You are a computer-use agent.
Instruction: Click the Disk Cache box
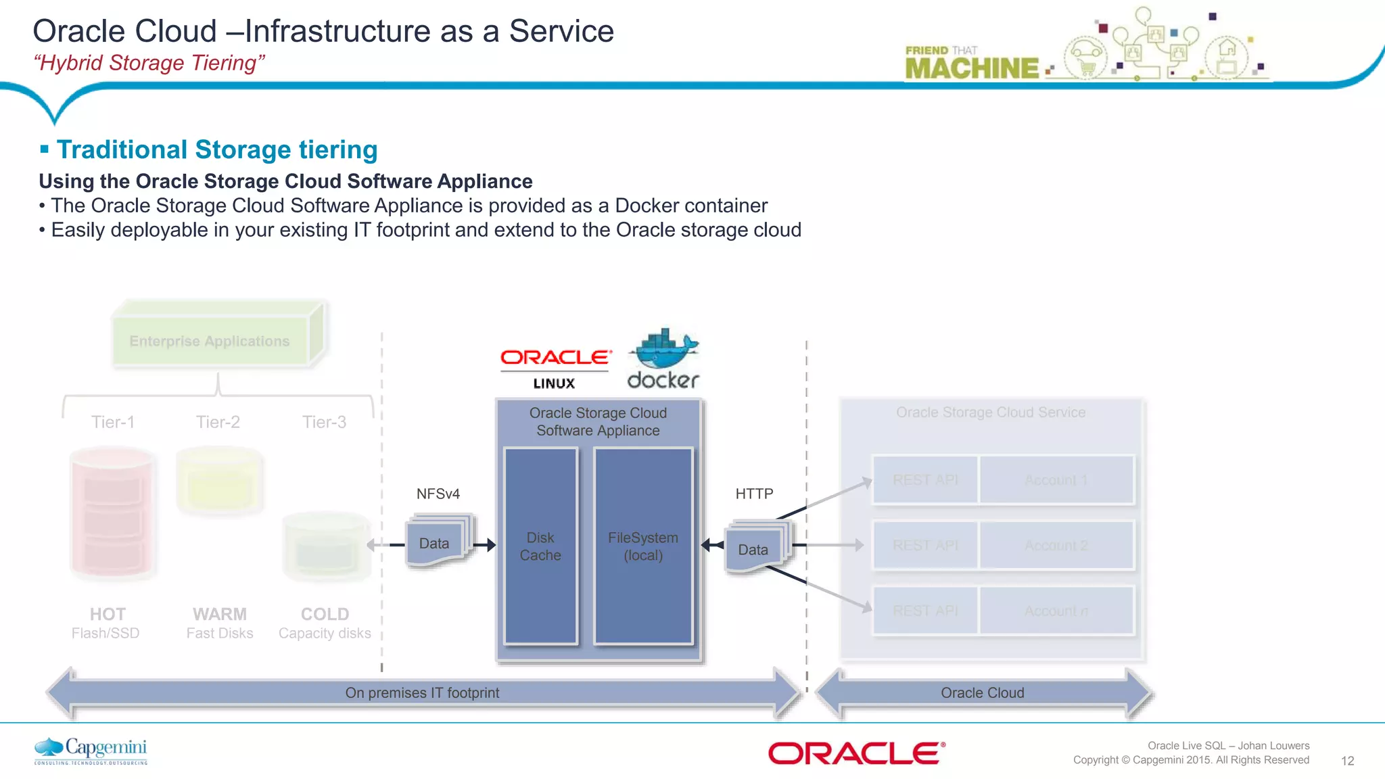point(540,546)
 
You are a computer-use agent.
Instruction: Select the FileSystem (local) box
point(642,546)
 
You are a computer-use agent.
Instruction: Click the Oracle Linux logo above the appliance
point(555,368)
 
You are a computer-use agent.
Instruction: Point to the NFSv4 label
point(438,494)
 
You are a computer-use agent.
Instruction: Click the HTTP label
point(754,494)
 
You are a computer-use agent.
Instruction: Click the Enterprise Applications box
point(210,341)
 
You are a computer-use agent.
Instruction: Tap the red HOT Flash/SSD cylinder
point(112,513)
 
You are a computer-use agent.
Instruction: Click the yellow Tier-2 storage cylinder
point(219,481)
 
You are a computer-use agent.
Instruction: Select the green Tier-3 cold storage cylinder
point(326,546)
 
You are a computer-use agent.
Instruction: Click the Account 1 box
point(1056,479)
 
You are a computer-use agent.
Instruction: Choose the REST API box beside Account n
point(925,611)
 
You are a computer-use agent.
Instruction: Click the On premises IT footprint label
point(422,692)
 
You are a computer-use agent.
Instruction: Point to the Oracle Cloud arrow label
point(982,692)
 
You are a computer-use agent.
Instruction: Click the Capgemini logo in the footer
point(91,751)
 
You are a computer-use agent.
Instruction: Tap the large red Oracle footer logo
point(856,753)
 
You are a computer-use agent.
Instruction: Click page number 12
point(1347,761)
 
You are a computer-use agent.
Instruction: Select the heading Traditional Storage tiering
point(216,149)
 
